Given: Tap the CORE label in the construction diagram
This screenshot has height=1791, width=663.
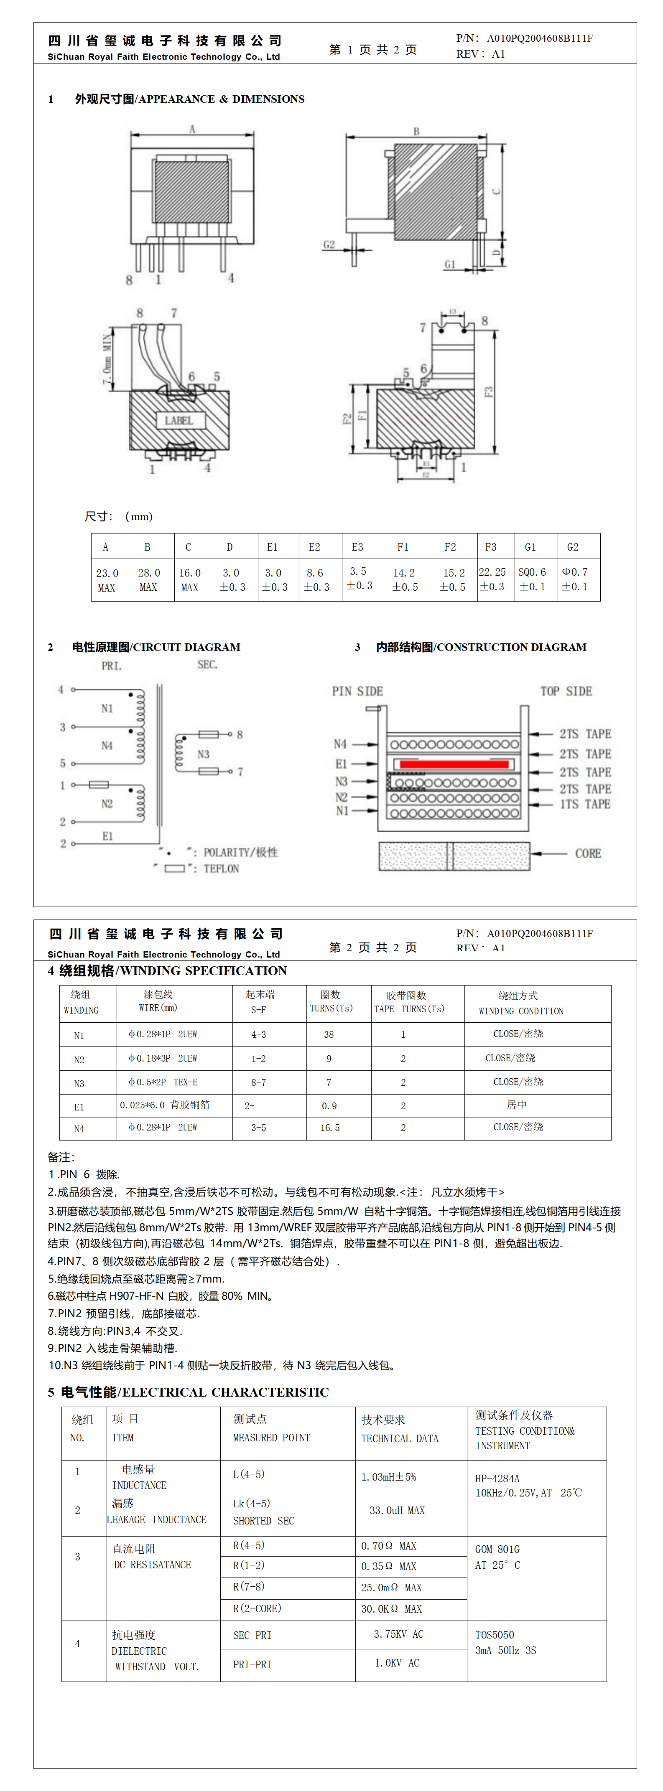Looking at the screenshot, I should [587, 853].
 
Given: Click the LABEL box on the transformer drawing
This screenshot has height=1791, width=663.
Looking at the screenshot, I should [179, 421].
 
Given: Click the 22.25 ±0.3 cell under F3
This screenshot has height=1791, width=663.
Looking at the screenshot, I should [492, 579].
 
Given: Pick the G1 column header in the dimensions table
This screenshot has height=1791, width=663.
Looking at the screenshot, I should [530, 547].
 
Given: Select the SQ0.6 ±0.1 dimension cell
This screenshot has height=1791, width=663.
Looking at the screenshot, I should [532, 579].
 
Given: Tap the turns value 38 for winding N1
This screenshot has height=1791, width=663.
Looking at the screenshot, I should [329, 1034].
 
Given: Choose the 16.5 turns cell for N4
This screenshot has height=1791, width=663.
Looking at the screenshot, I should [330, 1128].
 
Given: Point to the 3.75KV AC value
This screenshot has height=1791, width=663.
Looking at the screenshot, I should [398, 1634].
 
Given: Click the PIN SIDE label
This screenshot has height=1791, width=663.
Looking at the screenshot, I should [357, 691].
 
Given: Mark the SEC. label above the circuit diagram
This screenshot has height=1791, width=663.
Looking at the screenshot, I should [207, 665].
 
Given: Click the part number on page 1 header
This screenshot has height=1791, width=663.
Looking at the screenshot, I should [539, 38].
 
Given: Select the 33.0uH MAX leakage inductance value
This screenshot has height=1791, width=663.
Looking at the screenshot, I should [397, 1511].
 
